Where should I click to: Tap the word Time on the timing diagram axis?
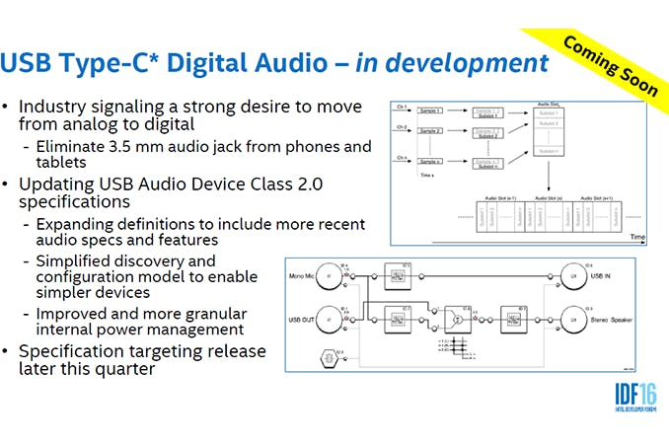(637, 238)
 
